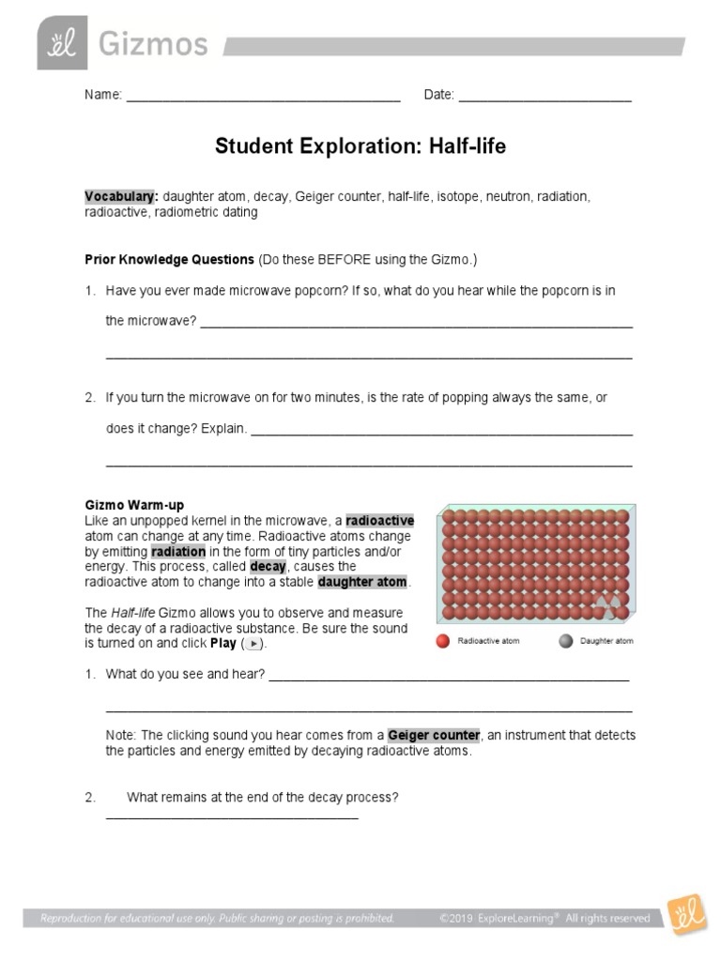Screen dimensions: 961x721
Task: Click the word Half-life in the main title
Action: [x=468, y=146]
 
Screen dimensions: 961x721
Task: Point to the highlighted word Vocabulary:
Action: [x=121, y=197]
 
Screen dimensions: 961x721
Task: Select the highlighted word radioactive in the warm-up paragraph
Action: [x=379, y=521]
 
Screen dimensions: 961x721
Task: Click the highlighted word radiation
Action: [x=177, y=552]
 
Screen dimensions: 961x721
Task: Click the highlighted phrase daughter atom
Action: [x=362, y=582]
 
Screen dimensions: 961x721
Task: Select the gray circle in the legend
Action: [x=564, y=642]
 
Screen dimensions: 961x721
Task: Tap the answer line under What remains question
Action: [x=232, y=816]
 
